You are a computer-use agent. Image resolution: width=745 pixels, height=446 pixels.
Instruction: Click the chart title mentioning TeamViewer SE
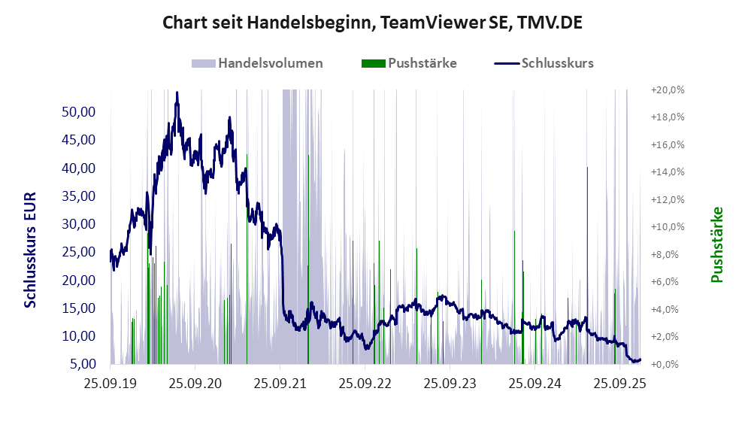click(x=372, y=23)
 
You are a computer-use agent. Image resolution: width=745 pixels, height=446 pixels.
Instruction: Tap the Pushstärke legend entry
click(x=422, y=63)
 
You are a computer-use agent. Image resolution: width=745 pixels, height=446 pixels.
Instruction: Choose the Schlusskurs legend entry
click(x=557, y=63)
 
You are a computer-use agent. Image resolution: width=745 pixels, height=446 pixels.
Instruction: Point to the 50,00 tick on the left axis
click(x=77, y=111)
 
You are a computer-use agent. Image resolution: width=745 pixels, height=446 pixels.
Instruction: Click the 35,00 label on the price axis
click(x=77, y=196)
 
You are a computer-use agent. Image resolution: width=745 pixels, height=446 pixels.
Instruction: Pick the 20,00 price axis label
click(x=77, y=280)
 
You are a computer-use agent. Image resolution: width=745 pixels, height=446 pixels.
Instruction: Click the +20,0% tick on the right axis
click(x=667, y=90)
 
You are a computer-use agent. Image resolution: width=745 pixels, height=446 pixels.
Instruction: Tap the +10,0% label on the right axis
click(x=667, y=226)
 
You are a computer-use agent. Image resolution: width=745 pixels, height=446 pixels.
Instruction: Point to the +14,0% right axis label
click(x=667, y=171)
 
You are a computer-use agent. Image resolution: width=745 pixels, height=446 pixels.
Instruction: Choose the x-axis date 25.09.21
click(x=280, y=384)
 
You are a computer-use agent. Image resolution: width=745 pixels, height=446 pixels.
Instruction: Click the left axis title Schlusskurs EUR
click(x=30, y=249)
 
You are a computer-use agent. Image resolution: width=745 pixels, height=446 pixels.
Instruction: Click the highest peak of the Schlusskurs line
click(x=177, y=93)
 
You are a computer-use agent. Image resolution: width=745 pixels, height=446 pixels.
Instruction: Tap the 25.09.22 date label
click(x=365, y=384)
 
